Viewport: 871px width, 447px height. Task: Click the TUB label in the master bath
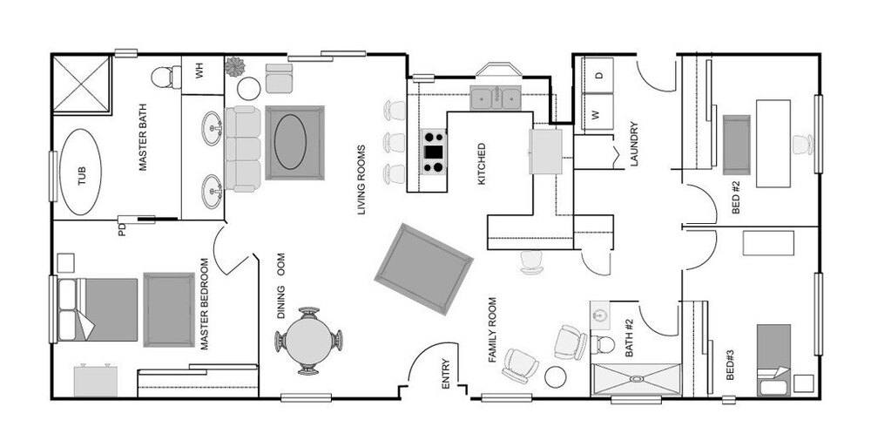click(82, 176)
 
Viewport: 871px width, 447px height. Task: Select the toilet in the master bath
click(166, 78)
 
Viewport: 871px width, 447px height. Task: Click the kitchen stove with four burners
click(434, 152)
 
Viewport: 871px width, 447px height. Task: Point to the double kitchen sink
click(496, 98)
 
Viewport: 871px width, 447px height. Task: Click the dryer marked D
click(598, 75)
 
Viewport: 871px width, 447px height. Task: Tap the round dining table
click(309, 341)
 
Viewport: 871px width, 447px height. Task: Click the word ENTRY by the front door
click(445, 374)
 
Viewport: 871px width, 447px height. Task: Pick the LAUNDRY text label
click(635, 144)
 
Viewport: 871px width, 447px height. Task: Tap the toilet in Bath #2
click(602, 345)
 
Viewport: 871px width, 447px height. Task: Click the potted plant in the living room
click(235, 67)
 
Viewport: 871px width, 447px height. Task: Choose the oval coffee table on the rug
click(290, 142)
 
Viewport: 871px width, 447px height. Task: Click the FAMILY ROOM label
click(492, 330)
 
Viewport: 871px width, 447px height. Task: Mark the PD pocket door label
click(122, 229)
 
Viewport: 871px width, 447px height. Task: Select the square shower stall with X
click(82, 84)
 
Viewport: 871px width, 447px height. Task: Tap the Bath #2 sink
click(599, 315)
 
